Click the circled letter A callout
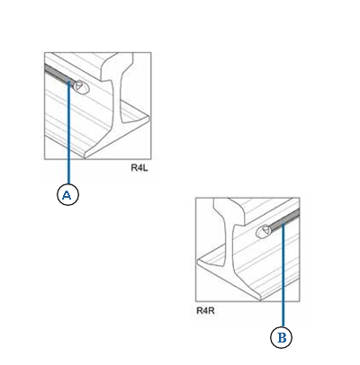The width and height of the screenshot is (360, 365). click(67, 194)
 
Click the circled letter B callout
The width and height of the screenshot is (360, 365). click(282, 337)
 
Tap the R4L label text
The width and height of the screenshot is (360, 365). click(139, 168)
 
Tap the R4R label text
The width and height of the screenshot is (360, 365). click(205, 310)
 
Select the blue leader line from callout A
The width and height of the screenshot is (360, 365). click(68, 132)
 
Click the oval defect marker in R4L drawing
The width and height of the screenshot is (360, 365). click(82, 87)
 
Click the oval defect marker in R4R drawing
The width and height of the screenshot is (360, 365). click(264, 231)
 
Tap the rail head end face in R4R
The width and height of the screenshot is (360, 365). click(229, 211)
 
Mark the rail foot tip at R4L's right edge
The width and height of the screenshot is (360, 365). click(148, 118)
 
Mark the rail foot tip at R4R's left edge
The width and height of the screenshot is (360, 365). click(198, 263)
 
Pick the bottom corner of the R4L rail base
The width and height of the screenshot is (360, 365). click(85, 156)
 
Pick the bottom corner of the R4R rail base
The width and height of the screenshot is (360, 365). click(260, 298)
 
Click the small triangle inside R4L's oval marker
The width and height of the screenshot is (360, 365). click(78, 86)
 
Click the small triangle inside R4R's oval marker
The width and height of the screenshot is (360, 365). click(266, 230)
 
